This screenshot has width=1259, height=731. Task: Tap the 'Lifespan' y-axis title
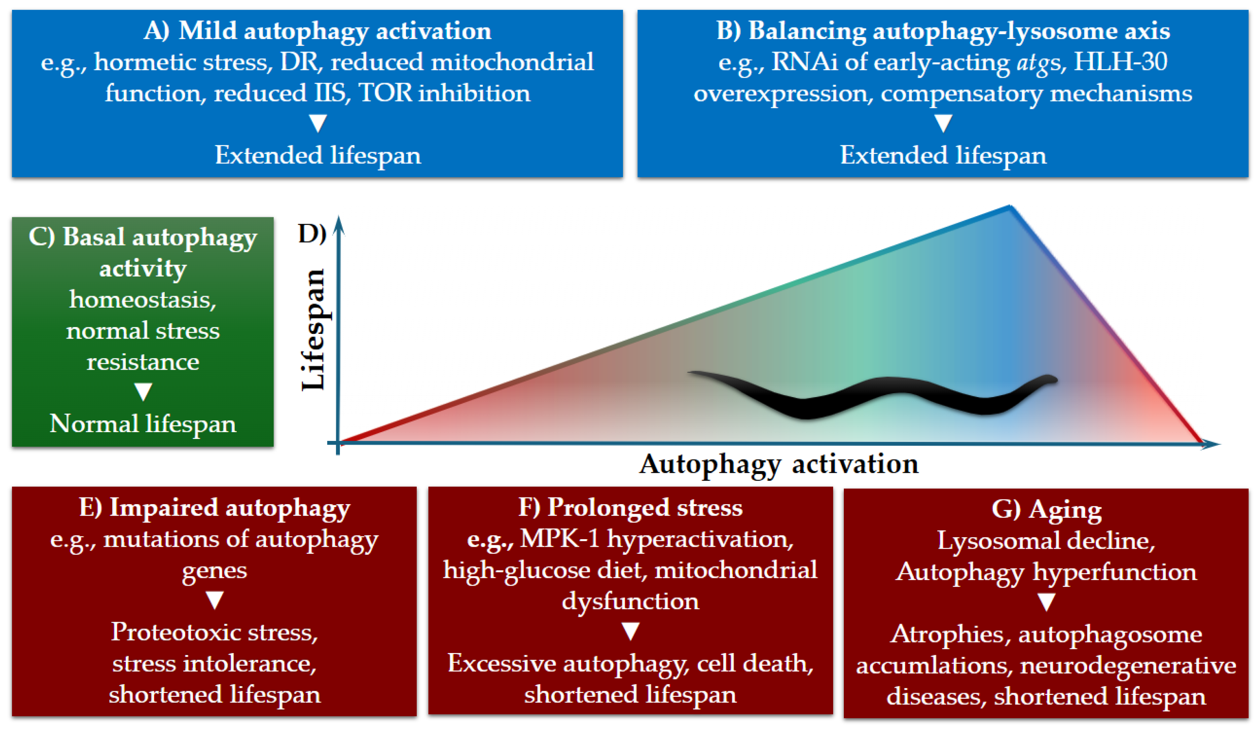tap(314, 329)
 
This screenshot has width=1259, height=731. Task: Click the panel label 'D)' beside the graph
tap(312, 234)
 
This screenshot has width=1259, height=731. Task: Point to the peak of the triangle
tap(1009, 207)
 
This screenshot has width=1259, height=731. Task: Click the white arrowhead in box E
tap(215, 600)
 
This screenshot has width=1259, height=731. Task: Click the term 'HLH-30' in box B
tap(1120, 62)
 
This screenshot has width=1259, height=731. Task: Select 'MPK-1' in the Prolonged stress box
tap(560, 539)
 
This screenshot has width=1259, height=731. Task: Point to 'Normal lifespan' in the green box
tap(143, 423)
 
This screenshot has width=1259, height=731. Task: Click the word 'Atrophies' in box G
tap(947, 634)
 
